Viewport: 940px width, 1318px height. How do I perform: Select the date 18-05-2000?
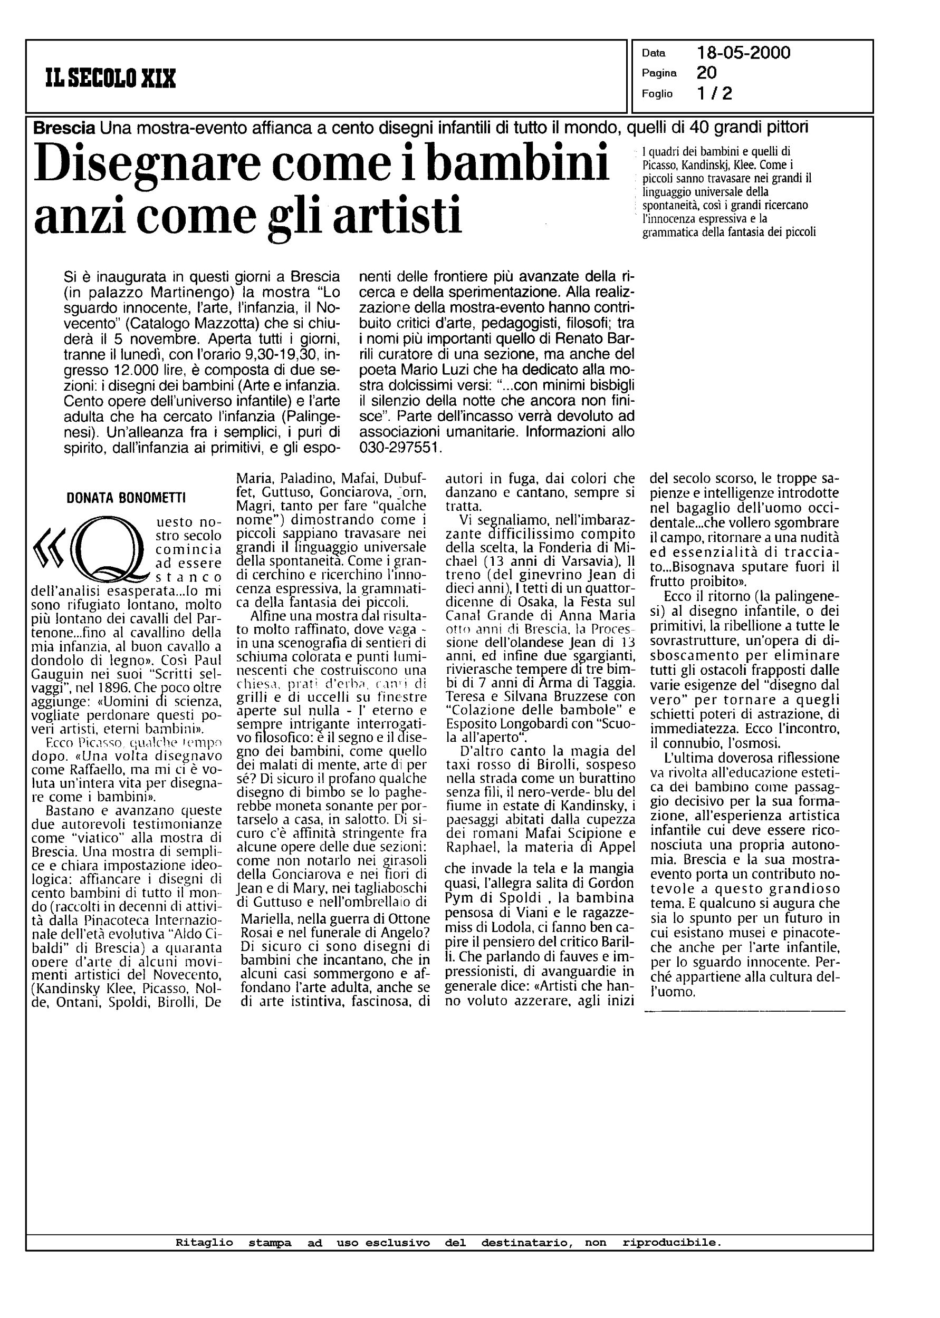point(743,53)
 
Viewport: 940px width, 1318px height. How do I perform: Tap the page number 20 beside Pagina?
point(707,73)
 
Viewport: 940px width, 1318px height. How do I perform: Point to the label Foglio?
point(657,94)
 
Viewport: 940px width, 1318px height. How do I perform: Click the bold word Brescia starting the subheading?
point(64,127)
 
